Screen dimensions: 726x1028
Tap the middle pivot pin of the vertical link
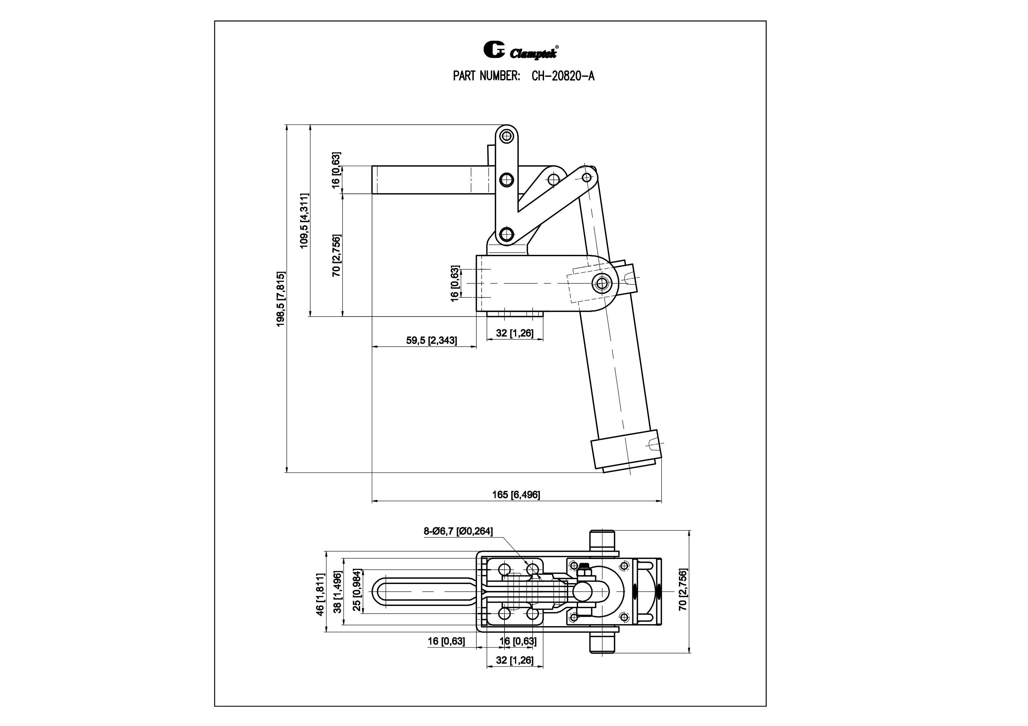507,180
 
